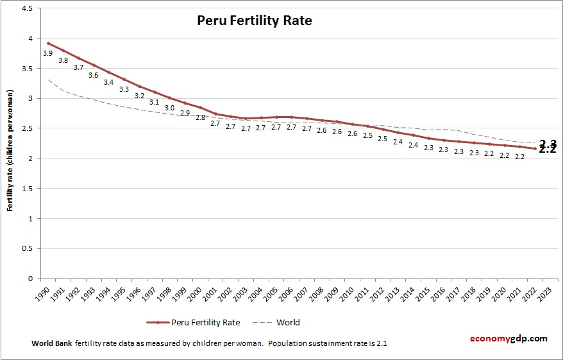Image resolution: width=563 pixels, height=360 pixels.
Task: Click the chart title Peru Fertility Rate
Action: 254,21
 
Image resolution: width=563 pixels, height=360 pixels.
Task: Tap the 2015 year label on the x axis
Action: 426,293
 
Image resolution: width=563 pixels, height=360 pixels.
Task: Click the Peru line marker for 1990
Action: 48,44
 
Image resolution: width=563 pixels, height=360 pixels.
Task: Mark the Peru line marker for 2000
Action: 200,108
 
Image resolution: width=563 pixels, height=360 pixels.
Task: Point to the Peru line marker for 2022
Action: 535,149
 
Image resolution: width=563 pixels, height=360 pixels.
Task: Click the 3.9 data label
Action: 47,53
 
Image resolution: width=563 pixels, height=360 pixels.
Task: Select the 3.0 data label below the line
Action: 169,108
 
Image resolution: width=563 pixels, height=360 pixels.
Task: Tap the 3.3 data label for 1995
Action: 124,89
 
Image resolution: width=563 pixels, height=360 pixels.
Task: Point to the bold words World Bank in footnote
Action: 51,343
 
